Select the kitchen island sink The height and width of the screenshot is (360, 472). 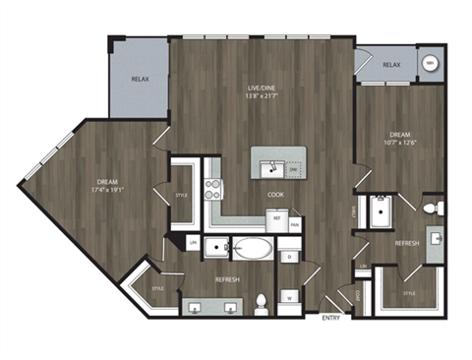point(266,166)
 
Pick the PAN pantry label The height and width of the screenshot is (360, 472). point(295,224)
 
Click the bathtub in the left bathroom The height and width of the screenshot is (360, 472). point(252,248)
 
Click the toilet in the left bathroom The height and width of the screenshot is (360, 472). point(262,301)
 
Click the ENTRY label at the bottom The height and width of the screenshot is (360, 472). point(332,318)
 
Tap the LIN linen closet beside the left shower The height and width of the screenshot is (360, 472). point(194,243)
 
